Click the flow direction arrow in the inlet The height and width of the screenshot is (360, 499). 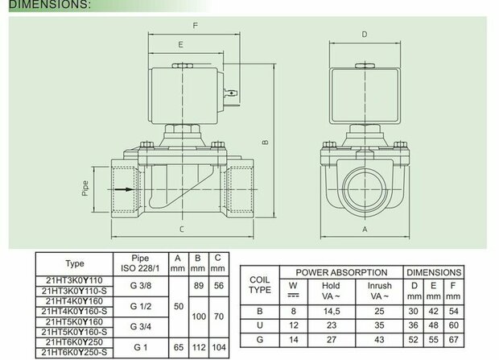pyautogui.click(x=124, y=189)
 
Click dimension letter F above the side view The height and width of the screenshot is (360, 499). pyautogui.click(x=195, y=26)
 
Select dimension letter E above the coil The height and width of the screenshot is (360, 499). pyautogui.click(x=181, y=44)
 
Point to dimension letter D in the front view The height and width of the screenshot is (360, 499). pyautogui.click(x=365, y=35)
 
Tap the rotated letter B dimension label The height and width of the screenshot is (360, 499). pyautogui.click(x=266, y=143)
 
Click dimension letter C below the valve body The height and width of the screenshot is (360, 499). pyautogui.click(x=181, y=229)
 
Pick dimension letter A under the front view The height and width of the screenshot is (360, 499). pyautogui.click(x=365, y=229)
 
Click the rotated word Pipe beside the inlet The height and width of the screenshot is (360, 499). pyautogui.click(x=85, y=188)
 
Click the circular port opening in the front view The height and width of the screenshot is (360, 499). pyautogui.click(x=365, y=189)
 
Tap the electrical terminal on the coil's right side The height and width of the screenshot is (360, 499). pyautogui.click(x=231, y=93)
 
